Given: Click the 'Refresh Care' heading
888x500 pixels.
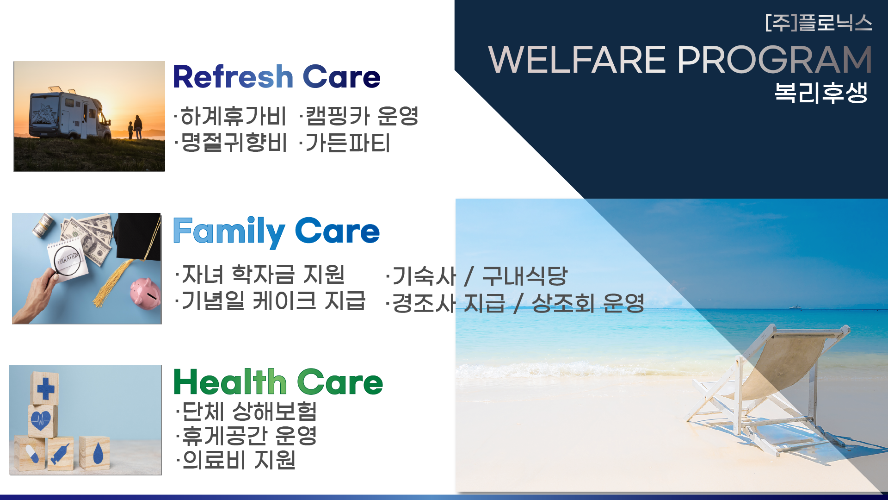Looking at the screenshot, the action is point(277,77).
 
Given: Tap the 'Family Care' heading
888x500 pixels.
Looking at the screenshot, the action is point(276,231).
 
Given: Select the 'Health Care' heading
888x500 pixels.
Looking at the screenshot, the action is point(278,382).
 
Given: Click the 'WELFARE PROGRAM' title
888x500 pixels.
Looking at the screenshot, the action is point(680,60).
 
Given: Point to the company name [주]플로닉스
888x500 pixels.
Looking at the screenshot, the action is point(819,23).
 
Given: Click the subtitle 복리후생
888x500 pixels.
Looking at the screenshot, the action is point(821,93).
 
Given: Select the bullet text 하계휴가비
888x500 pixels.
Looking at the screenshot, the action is point(230,116).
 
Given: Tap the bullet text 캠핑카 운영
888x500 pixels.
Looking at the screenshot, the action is point(359,116).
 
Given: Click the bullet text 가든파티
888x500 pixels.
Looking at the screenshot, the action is point(345,143).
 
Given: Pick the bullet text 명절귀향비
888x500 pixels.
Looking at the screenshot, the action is point(230,143).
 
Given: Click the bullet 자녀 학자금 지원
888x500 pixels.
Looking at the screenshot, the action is point(260,274).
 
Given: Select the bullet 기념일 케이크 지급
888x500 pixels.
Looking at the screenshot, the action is point(270,300).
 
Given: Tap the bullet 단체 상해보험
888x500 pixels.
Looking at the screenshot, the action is point(247,411).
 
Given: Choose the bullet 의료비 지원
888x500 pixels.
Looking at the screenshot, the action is point(236,460).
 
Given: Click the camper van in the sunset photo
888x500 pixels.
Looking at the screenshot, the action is point(69,113).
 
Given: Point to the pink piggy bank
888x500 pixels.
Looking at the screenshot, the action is point(145,291).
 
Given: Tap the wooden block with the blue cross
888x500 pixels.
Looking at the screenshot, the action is point(45,388).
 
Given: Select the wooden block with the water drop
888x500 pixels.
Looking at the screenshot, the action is point(94,452).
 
